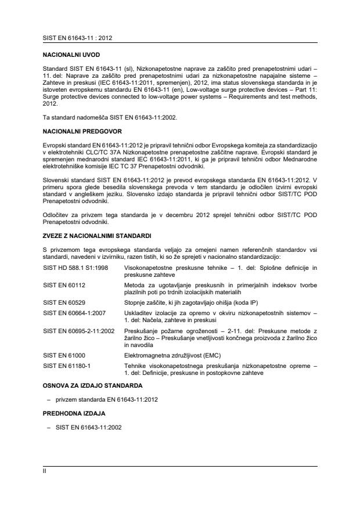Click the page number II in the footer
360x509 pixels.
pyautogui.click(x=45, y=472)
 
